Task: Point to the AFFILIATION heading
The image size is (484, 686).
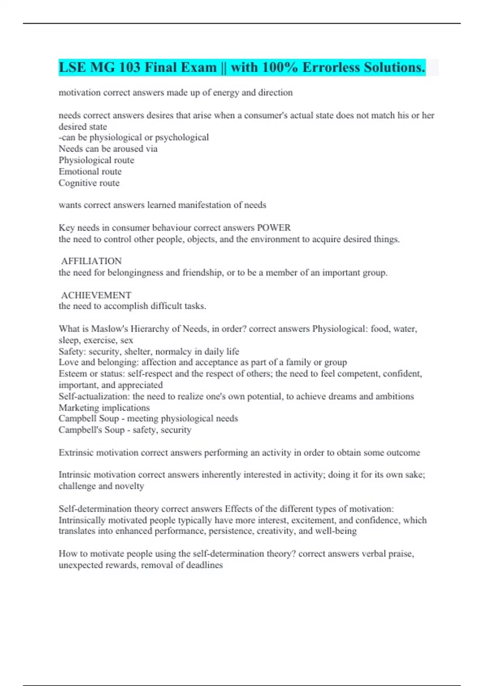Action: (91, 261)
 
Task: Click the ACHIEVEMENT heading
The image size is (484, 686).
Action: (96, 295)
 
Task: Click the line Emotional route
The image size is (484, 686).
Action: (90, 171)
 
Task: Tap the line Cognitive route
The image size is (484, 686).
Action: (89, 183)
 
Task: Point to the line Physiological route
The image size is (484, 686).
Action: (96, 160)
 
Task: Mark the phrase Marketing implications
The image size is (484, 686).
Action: (104, 408)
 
